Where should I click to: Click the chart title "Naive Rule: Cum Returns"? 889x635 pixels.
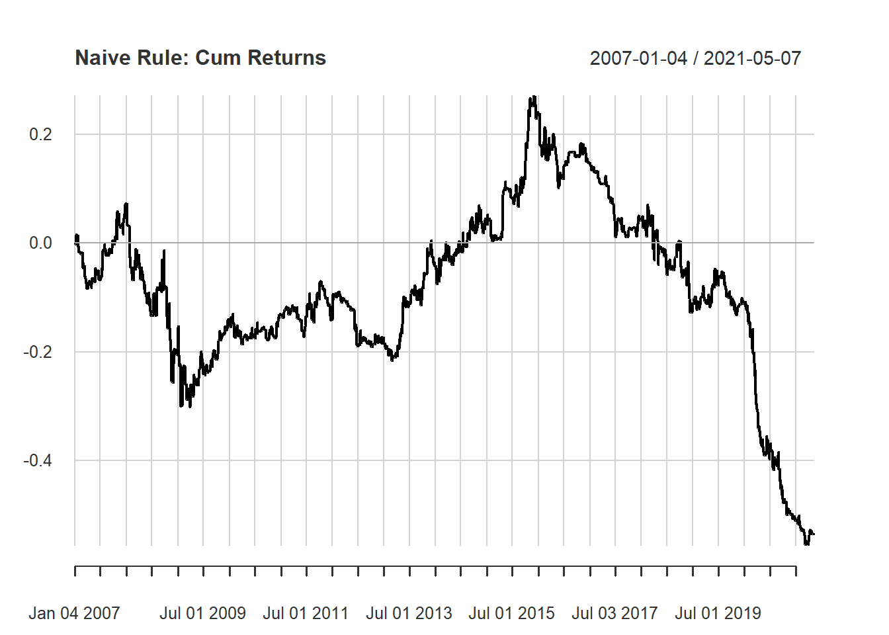pyautogui.click(x=200, y=58)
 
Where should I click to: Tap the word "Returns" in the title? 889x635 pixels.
pyautogui.click(x=287, y=58)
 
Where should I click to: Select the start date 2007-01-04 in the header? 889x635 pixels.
pyautogui.click(x=638, y=58)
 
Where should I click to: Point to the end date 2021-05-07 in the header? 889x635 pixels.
pyautogui.click(x=752, y=58)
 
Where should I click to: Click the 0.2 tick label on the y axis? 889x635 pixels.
pyautogui.click(x=40, y=134)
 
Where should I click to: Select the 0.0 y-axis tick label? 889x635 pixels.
pyautogui.click(x=40, y=243)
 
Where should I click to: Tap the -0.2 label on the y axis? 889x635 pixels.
pyautogui.click(x=38, y=352)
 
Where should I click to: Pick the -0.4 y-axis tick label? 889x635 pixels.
pyautogui.click(x=38, y=460)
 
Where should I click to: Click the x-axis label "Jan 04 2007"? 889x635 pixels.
pyautogui.click(x=74, y=613)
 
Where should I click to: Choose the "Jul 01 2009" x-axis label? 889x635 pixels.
pyautogui.click(x=202, y=613)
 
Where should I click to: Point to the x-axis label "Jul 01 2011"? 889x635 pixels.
pyautogui.click(x=306, y=613)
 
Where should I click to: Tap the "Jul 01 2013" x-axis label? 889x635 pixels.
pyautogui.click(x=409, y=613)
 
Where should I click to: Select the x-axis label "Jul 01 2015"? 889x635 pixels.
pyautogui.click(x=511, y=613)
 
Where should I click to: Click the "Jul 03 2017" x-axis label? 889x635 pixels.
pyautogui.click(x=614, y=613)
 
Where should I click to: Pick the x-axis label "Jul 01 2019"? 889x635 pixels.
pyautogui.click(x=718, y=613)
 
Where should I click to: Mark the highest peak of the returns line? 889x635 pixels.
pyautogui.click(x=533, y=98)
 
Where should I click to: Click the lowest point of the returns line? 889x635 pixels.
pyautogui.click(x=806, y=544)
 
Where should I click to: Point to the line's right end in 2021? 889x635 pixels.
pyautogui.click(x=814, y=534)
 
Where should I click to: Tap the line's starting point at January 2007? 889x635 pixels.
pyautogui.click(x=75, y=243)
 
